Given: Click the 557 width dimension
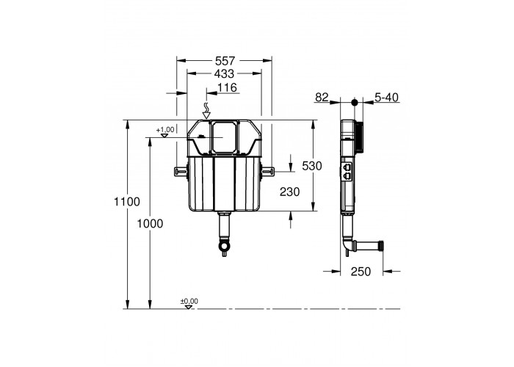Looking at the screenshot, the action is [225, 61].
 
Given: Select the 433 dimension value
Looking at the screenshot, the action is [224, 74].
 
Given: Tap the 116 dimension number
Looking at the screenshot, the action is [227, 88].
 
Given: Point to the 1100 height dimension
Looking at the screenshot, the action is [127, 202].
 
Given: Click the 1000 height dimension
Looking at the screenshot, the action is [150, 224].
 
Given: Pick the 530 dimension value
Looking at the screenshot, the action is [312, 166].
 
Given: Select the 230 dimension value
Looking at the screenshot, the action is [290, 192].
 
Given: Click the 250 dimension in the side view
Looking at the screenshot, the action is [361, 272].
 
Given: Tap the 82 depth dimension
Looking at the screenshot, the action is [322, 98].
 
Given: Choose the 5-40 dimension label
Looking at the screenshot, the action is [387, 98].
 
